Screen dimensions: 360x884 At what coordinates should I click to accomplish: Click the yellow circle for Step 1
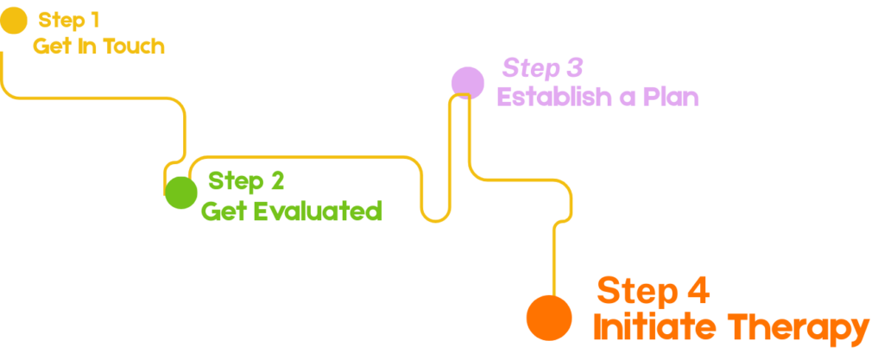[13, 20]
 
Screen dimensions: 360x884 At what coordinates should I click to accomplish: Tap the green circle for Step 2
[181, 192]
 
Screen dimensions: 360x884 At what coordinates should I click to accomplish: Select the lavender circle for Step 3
[467, 82]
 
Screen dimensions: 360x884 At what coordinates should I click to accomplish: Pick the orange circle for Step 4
[549, 317]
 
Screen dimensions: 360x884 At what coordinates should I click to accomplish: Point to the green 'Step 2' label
[246, 181]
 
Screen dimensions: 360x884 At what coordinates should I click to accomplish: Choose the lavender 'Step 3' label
[543, 67]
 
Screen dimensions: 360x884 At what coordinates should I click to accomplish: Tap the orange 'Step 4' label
[654, 291]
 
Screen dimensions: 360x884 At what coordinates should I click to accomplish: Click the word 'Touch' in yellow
[134, 47]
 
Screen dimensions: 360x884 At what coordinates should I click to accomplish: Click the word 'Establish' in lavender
[551, 97]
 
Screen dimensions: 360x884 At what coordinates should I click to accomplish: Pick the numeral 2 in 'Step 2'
[276, 181]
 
